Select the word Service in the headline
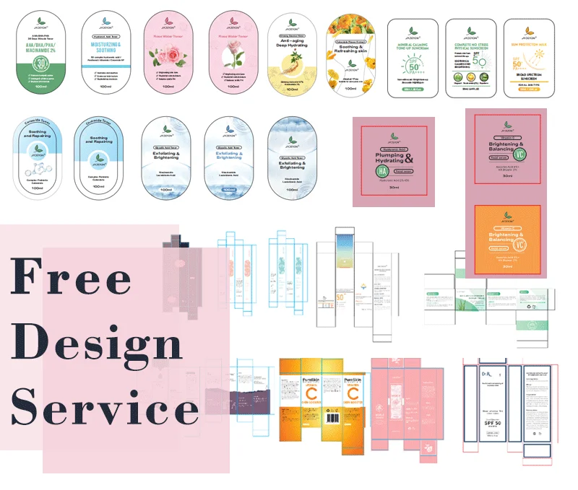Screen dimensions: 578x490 click(x=105, y=408)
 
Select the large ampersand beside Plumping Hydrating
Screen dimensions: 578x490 click(x=409, y=159)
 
